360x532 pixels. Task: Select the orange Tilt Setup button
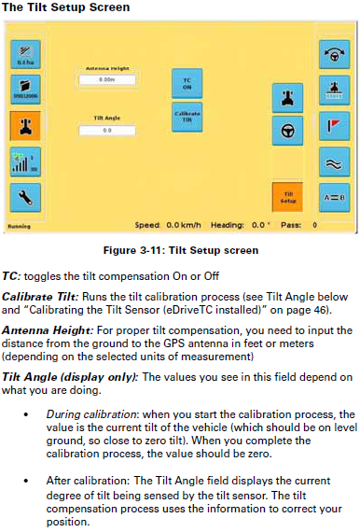pos(288,196)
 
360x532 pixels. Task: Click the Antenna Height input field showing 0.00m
pos(107,80)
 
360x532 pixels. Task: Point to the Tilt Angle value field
pos(107,130)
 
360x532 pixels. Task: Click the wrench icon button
pos(25,197)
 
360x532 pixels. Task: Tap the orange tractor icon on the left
pos(25,125)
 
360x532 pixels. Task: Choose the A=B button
pos(334,197)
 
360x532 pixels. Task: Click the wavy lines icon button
pos(334,161)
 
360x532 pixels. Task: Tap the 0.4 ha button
pos(25,55)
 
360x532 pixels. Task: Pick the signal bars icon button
pos(25,161)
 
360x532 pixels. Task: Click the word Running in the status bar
pos(19,225)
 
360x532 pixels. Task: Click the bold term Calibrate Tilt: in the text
pos(32,294)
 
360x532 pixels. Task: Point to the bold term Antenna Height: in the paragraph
pos(37,329)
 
